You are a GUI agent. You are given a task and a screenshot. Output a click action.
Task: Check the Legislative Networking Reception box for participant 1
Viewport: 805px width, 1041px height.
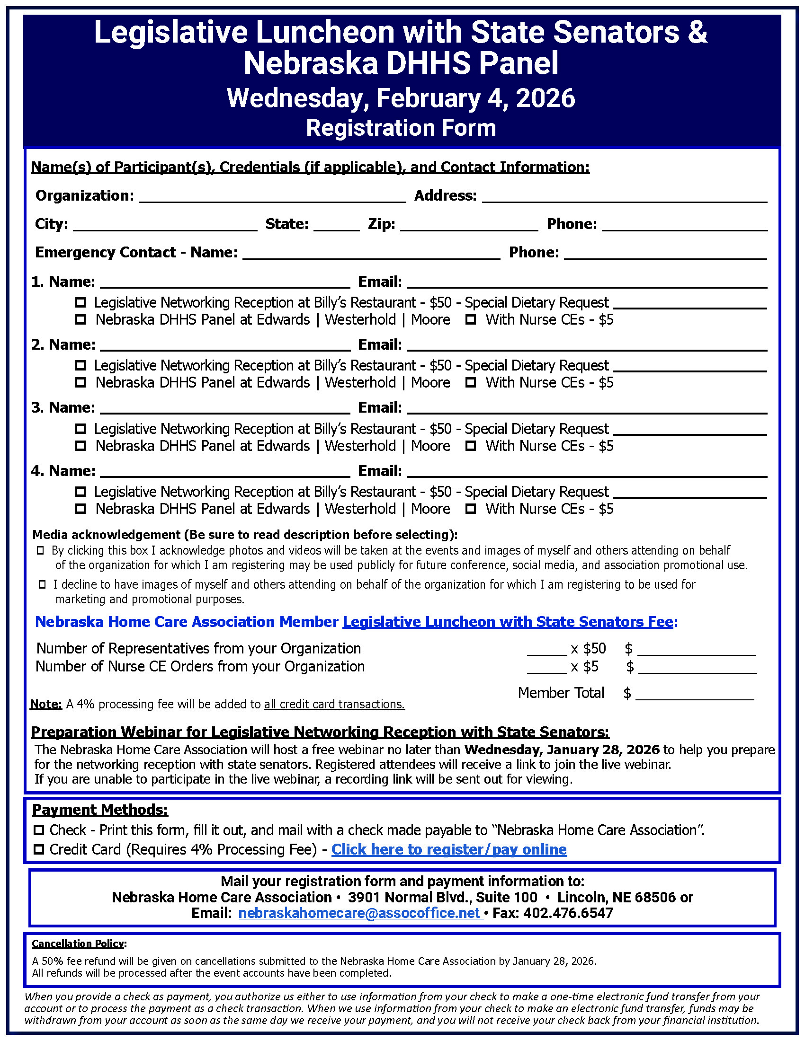pyautogui.click(x=80, y=302)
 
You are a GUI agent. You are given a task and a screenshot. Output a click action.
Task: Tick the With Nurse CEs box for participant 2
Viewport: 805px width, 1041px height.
pyautogui.click(x=471, y=382)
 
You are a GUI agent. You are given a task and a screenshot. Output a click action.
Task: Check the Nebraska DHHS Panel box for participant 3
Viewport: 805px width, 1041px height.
pyautogui.click(x=80, y=446)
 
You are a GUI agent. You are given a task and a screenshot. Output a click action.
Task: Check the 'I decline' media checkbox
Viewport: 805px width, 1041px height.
pyautogui.click(x=42, y=584)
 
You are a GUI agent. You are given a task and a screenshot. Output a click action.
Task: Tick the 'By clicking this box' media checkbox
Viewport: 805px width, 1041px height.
pyautogui.click(x=41, y=550)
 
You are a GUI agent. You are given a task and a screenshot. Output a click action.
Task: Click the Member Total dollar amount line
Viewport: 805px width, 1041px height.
pyautogui.click(x=694, y=694)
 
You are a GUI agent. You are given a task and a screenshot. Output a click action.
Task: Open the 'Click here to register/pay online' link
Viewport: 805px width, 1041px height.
pyautogui.click(x=449, y=849)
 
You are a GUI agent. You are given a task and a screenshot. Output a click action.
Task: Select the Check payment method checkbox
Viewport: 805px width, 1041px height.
pyautogui.click(x=39, y=830)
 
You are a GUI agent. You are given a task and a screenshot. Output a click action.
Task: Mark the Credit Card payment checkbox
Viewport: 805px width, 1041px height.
pyautogui.click(x=39, y=849)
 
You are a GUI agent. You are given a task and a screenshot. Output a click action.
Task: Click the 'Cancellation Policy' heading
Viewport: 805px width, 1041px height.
pyautogui.click(x=78, y=944)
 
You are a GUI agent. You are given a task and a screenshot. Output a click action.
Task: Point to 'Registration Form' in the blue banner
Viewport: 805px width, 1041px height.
pyautogui.click(x=401, y=128)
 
